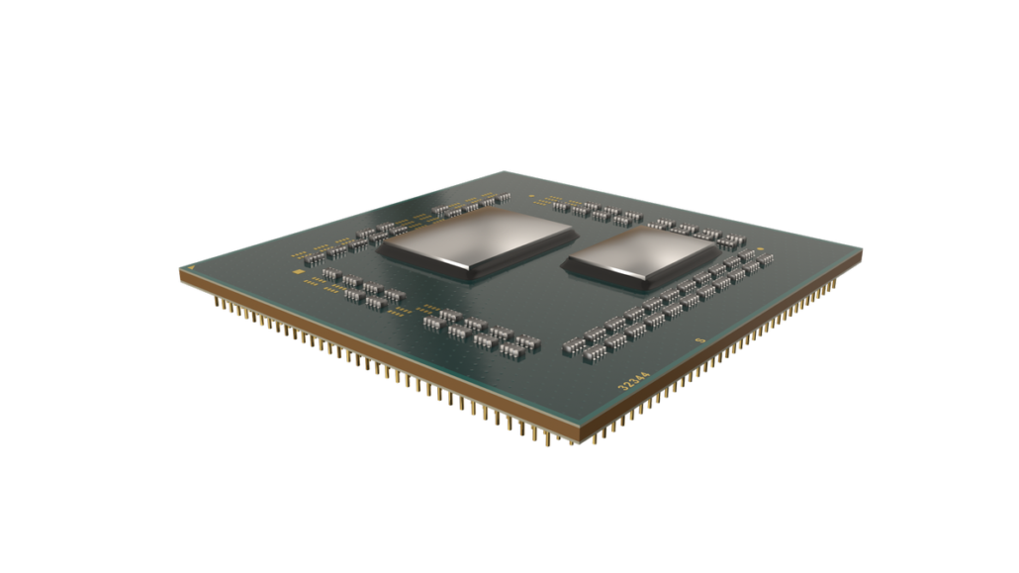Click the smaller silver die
tap(640, 254)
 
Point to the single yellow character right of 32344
tap(700, 339)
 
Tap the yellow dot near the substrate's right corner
tap(760, 248)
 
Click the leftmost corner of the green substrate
tap(180, 268)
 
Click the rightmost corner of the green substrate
tap(863, 248)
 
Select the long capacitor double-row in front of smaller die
tap(663, 306)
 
